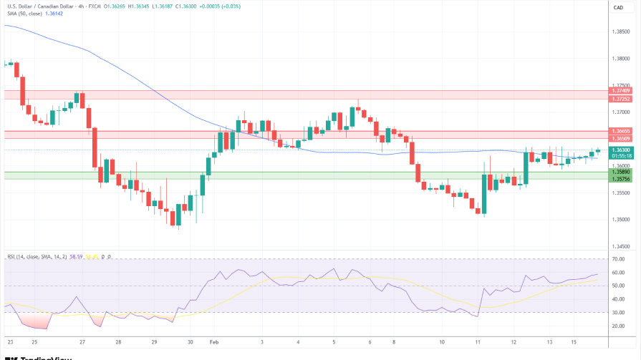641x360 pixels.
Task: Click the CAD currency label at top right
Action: pyautogui.click(x=618, y=7)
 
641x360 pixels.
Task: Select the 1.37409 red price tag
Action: pyautogui.click(x=620, y=90)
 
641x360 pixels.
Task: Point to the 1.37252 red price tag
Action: pyautogui.click(x=620, y=99)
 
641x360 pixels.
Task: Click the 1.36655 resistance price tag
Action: pyautogui.click(x=620, y=131)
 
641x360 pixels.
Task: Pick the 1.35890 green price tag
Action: pyautogui.click(x=620, y=172)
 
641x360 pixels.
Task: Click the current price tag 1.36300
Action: pyautogui.click(x=620, y=150)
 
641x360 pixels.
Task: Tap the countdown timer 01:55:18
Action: pyautogui.click(x=620, y=155)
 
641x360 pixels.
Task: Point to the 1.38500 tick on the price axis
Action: pyautogui.click(x=620, y=31)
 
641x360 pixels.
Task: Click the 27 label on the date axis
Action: pyautogui.click(x=82, y=342)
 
